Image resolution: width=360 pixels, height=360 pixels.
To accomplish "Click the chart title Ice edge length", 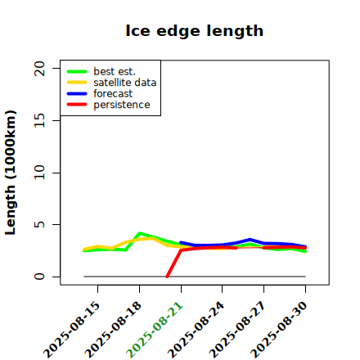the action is coord(195,31).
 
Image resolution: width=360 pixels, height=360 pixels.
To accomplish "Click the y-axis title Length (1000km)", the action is coord(10,173).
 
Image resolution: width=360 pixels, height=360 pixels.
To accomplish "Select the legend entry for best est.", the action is coord(115,71).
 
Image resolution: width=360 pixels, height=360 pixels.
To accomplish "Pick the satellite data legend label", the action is coord(125,83).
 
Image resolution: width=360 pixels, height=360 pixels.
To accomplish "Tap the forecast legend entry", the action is coord(113,94).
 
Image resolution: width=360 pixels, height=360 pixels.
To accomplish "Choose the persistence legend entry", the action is coord(122,105).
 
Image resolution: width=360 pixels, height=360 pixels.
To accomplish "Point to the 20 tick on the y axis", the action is coord(39,68).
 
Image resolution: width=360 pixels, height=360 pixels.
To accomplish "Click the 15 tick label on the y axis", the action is coord(39,120).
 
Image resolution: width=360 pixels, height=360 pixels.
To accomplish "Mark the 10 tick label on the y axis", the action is coord(39,173).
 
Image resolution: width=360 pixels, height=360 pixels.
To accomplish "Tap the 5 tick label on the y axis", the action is coord(39,224).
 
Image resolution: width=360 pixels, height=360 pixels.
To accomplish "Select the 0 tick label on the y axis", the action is coord(39,277).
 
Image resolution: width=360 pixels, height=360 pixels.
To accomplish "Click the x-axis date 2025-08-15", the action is coord(72,330).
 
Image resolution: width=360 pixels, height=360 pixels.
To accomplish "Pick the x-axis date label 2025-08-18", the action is coord(113,330).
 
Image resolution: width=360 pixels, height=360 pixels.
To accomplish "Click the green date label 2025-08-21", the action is coord(155,330).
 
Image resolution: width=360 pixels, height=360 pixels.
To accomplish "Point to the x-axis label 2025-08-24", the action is coord(196,330).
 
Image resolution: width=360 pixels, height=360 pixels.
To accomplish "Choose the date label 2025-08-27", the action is coord(237,330).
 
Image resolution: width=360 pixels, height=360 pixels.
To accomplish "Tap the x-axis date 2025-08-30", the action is coord(279,330).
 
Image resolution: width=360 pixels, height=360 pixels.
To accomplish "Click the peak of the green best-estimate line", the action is coord(139,233).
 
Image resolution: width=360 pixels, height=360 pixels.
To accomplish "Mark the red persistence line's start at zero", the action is coord(167,277).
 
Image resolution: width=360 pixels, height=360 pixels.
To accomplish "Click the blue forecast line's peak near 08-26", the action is coord(250,240).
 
